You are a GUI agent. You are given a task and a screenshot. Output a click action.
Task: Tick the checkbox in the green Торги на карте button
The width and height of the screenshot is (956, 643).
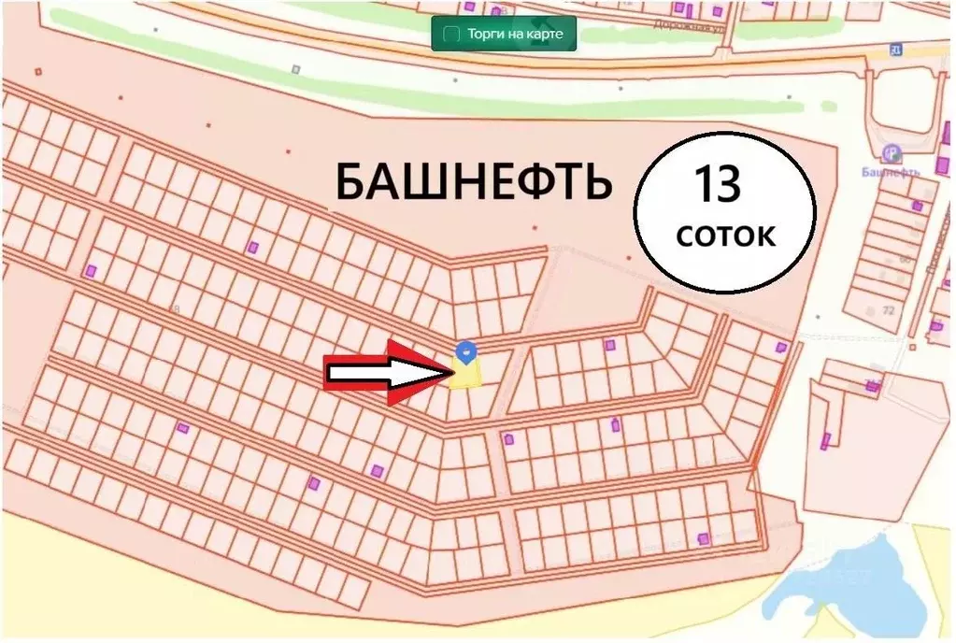450,34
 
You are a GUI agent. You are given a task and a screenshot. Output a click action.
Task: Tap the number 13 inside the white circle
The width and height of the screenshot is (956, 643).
717,185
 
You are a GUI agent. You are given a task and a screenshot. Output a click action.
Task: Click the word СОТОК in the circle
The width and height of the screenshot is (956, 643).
725,236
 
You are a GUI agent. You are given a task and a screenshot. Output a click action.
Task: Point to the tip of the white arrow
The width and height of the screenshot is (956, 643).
449,374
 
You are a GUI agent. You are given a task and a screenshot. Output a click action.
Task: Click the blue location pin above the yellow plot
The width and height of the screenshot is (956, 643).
466,350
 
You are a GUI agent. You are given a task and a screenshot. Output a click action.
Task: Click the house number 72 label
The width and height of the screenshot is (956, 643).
888,309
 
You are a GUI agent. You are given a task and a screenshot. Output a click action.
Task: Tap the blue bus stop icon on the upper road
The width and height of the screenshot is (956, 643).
895,48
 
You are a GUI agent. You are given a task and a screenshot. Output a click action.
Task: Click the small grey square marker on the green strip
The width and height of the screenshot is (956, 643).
295,68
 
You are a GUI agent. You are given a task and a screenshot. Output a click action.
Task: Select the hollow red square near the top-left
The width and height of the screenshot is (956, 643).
37,70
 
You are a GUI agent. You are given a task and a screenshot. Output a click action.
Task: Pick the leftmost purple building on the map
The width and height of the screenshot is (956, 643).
91,271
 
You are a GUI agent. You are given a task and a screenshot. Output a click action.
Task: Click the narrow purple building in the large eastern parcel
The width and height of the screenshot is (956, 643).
825,441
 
